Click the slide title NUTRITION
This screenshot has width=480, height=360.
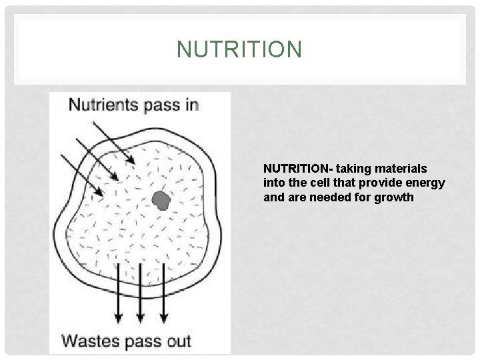point(239,49)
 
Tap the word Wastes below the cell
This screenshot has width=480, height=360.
point(91,342)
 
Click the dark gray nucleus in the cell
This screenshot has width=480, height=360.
point(161,199)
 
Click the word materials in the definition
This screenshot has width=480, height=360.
point(403,168)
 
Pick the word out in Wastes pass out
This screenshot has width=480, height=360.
point(177,342)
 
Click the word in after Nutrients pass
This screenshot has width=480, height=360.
point(191,105)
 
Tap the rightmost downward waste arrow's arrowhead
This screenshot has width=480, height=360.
point(162,314)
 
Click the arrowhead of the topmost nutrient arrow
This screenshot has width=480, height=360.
point(133,161)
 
